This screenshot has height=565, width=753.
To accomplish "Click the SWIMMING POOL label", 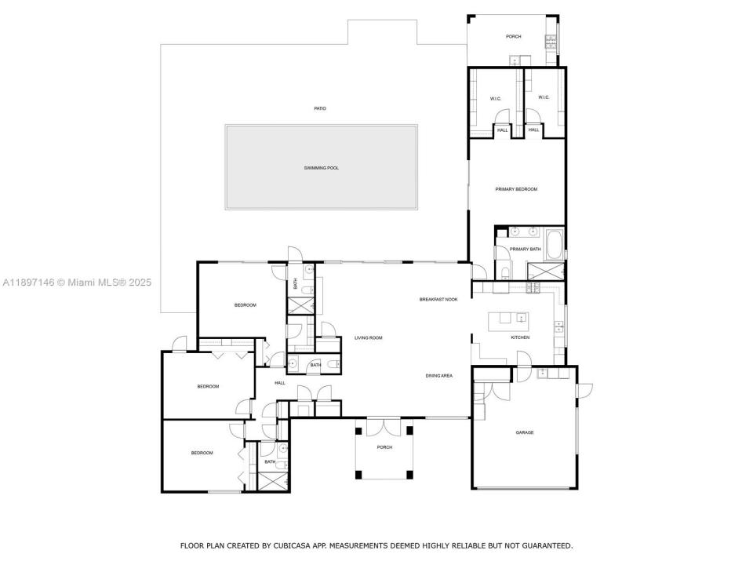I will (322, 168).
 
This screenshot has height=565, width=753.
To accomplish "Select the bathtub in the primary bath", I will (554, 244).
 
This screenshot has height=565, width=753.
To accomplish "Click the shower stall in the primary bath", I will (546, 272).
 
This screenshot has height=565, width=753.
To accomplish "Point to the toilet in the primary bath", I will (504, 272).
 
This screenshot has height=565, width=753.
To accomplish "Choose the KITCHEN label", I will (520, 337).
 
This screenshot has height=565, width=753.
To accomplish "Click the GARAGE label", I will (524, 432).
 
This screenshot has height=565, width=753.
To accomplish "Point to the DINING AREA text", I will (439, 376).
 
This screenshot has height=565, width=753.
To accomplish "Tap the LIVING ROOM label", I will (368, 337).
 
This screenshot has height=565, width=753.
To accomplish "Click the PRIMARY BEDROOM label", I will (516, 189).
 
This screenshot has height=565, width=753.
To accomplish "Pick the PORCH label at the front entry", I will (384, 447).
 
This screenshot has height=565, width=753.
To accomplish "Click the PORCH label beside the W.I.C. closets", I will (513, 37).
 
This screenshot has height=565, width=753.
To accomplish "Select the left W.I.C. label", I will (496, 98).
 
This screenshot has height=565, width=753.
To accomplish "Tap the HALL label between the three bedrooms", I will (280, 383).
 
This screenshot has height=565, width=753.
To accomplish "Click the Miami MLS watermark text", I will (76, 282).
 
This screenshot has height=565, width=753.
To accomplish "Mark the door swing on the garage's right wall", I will (584, 390).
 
